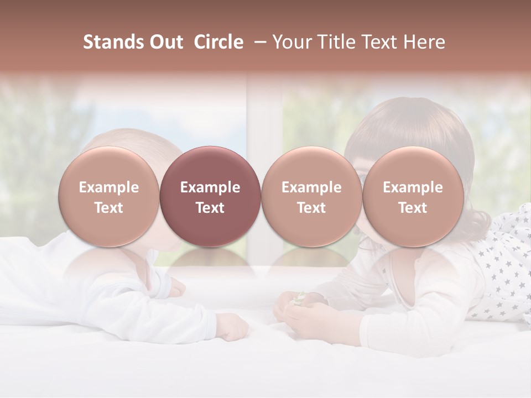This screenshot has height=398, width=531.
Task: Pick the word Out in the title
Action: (165, 42)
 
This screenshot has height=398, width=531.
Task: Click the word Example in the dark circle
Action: (210, 187)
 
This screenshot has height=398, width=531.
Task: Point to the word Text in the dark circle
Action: (210, 208)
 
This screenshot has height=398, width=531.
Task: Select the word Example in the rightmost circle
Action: (413, 187)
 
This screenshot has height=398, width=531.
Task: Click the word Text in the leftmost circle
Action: (108, 208)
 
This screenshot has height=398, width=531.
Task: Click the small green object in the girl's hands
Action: (298, 299)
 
